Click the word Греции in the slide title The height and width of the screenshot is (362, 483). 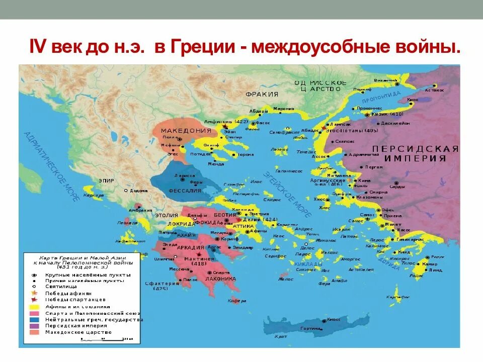204,48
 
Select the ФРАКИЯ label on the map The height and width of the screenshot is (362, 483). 262,94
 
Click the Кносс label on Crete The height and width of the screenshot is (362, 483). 334,319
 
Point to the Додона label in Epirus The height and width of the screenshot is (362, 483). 138,191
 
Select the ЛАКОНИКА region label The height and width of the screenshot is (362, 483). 220,279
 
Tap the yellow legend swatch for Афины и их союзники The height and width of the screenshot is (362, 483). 35,306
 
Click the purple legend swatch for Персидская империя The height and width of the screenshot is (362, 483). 35,326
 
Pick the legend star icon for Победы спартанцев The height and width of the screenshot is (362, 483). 34,300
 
